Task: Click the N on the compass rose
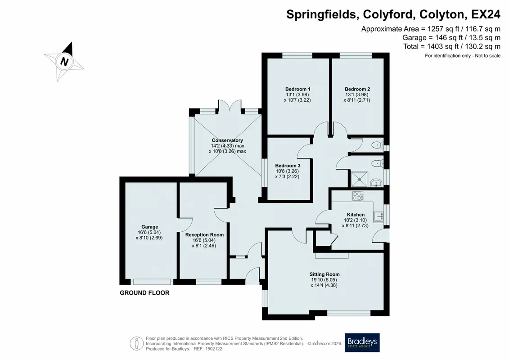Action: (x=64, y=61)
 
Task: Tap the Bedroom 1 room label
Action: (x=297, y=89)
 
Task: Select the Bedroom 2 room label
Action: (x=357, y=89)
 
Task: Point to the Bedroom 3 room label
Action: (x=288, y=166)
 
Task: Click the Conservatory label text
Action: (x=227, y=140)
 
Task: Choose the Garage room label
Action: (x=150, y=227)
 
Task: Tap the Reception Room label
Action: (x=204, y=235)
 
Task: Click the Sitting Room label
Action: (x=324, y=274)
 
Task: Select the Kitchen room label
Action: (x=356, y=215)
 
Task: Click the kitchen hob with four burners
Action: (x=358, y=196)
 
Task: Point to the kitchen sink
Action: (x=378, y=216)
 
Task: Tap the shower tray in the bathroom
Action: (x=360, y=179)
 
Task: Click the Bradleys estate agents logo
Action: (x=362, y=342)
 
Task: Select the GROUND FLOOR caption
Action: (x=144, y=293)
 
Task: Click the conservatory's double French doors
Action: (x=230, y=107)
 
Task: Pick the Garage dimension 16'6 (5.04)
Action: (x=149, y=233)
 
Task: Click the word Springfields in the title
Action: (x=322, y=14)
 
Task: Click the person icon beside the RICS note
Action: (x=137, y=343)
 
